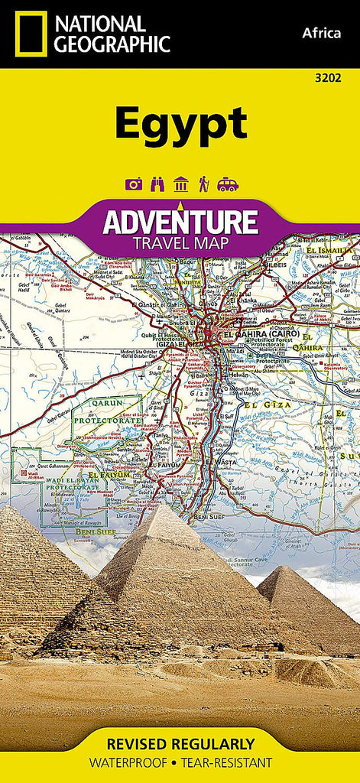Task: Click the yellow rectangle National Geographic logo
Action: (30, 34)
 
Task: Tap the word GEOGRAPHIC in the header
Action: (111, 44)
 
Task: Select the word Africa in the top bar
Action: (322, 32)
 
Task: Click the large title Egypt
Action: (180, 125)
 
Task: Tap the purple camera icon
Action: (134, 184)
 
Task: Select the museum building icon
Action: (181, 184)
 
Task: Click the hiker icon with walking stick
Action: (204, 184)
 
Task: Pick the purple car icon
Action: (228, 184)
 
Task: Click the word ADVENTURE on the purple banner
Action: (180, 223)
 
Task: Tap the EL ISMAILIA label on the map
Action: (332, 250)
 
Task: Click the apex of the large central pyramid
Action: (172, 506)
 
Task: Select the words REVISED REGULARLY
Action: (180, 743)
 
